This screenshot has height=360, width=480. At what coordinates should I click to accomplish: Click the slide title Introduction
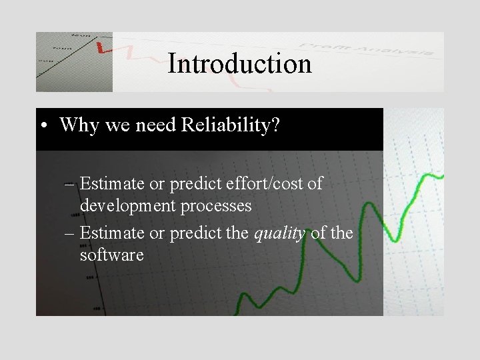tap(239, 64)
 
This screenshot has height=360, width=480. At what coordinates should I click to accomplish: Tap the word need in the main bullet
tap(153, 125)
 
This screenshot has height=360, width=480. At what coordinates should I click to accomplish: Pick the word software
tap(111, 255)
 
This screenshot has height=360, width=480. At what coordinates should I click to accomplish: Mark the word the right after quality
tap(342, 234)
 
